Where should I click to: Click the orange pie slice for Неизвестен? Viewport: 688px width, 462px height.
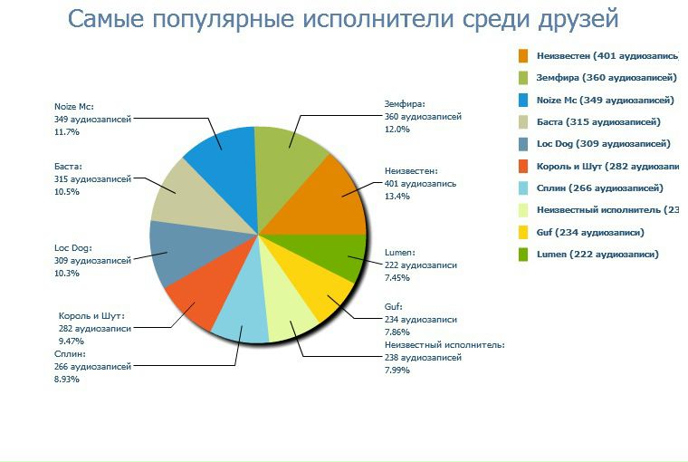tap(322, 196)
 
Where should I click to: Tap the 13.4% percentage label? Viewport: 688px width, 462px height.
tap(397, 196)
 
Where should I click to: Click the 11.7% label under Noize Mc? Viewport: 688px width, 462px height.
tap(67, 132)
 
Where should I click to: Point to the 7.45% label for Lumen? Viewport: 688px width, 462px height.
tap(398, 278)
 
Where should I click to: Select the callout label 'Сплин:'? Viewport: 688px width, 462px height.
tap(71, 354)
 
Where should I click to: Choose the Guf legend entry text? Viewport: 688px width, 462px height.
tap(589, 232)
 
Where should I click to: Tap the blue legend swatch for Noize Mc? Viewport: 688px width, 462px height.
tap(523, 100)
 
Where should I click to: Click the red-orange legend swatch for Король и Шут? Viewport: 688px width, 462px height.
tap(523, 166)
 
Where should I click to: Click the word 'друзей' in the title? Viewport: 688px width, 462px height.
tap(574, 18)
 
